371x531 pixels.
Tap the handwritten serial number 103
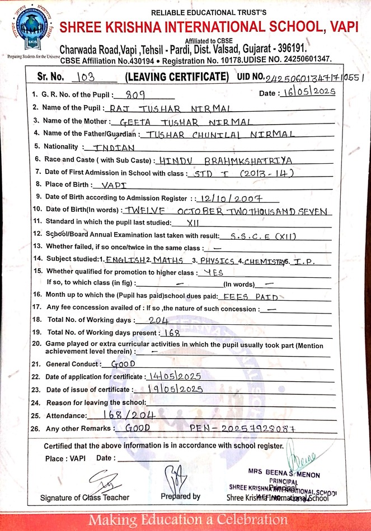click(x=89, y=76)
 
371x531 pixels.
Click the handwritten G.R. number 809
click(x=137, y=94)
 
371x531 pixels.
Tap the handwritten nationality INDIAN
click(x=114, y=148)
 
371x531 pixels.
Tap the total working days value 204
click(x=159, y=320)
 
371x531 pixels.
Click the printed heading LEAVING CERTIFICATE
click(x=177, y=77)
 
